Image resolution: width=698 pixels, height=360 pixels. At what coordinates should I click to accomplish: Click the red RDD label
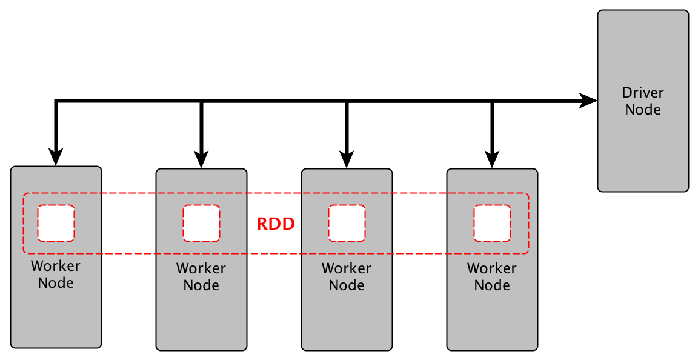point(276,224)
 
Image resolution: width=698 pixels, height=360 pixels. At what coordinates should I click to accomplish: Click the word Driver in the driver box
point(643,93)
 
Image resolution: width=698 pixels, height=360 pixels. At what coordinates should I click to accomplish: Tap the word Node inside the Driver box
point(643,110)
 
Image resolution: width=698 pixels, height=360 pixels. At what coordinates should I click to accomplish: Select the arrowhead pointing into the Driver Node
point(588,101)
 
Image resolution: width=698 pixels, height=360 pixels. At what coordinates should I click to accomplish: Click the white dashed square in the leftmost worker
point(56,223)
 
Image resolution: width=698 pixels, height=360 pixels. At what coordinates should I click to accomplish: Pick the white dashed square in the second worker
point(201,223)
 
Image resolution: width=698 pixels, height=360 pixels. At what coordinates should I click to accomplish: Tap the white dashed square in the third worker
point(347,223)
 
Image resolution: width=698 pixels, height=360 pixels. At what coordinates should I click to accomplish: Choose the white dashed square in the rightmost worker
point(492,223)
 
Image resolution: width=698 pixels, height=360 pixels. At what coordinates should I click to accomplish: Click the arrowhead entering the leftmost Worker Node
point(56,157)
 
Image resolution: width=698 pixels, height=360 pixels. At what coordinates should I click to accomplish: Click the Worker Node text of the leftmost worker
point(56,274)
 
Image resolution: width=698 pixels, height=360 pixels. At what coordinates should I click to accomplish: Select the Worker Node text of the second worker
point(201,276)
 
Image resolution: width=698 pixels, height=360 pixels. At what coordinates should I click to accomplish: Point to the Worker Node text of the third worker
point(347,276)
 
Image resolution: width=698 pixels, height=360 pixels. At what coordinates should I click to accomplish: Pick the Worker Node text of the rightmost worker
point(492,276)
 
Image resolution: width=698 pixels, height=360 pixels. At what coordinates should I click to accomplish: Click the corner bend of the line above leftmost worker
point(56,101)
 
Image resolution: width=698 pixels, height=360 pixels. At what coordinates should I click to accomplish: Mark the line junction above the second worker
point(201,101)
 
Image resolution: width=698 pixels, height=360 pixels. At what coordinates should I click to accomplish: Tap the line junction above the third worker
point(347,101)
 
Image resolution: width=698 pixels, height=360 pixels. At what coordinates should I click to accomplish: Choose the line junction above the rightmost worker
point(492,101)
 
